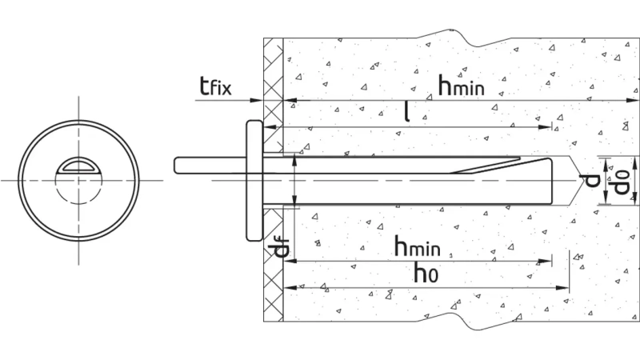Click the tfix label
pyautogui.click(x=215, y=86)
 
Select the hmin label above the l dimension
pyautogui.click(x=462, y=86)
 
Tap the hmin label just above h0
pyautogui.click(x=417, y=246)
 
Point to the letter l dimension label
pyautogui.click(x=406, y=111)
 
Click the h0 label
pyautogui.click(x=426, y=273)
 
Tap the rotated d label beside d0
pyautogui.click(x=591, y=180)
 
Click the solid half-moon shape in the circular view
pyautogui.click(x=78, y=165)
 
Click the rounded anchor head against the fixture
pyautogui.click(x=254, y=181)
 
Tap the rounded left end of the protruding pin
pyautogui.click(x=177, y=166)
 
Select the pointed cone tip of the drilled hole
pyautogui.click(x=582, y=180)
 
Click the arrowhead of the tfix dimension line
pyautogui.click(x=256, y=100)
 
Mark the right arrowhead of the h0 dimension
pyautogui.click(x=562, y=288)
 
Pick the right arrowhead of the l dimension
pyautogui.click(x=545, y=127)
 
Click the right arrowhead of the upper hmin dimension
pyautogui.click(x=632, y=100)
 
